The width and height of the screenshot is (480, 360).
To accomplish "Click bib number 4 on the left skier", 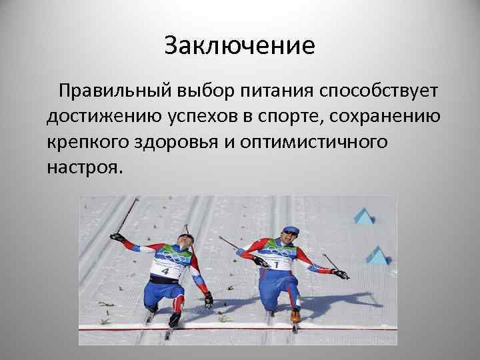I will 165,271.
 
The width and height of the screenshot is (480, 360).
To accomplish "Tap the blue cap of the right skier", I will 288,231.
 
